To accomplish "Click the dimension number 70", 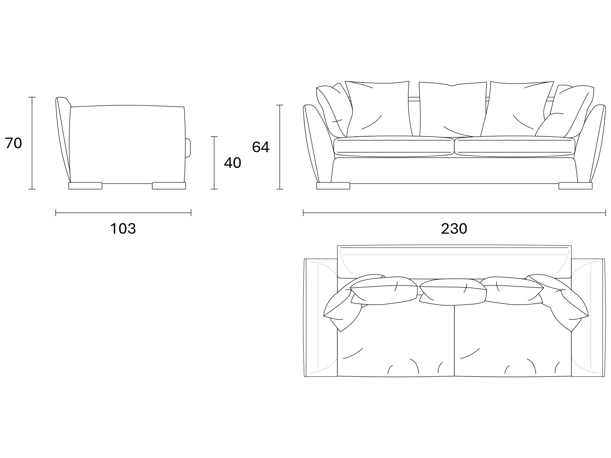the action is tap(13, 143).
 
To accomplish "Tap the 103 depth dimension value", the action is tap(123, 229).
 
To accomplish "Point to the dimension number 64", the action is tap(260, 147).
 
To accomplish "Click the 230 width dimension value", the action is tap(454, 229).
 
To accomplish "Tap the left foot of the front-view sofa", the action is tap(333, 186).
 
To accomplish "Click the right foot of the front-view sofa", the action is tap(575, 186).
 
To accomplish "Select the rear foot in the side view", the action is tap(85, 186).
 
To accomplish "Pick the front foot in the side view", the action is tap(169, 186).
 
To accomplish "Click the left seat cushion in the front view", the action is tap(394, 147).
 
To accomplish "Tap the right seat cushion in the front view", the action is tap(515, 147).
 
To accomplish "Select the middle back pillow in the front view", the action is tap(453, 109).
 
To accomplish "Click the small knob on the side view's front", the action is tap(188, 148).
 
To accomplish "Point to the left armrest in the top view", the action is tap(321, 318).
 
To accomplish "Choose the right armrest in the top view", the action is tap(588, 318).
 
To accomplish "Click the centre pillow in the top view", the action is tap(453, 292).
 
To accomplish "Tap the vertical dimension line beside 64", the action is tap(280, 147).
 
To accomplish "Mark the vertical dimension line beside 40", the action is tap(214, 163).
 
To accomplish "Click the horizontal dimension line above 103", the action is tap(123, 213).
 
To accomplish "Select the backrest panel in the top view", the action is tap(454, 262).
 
